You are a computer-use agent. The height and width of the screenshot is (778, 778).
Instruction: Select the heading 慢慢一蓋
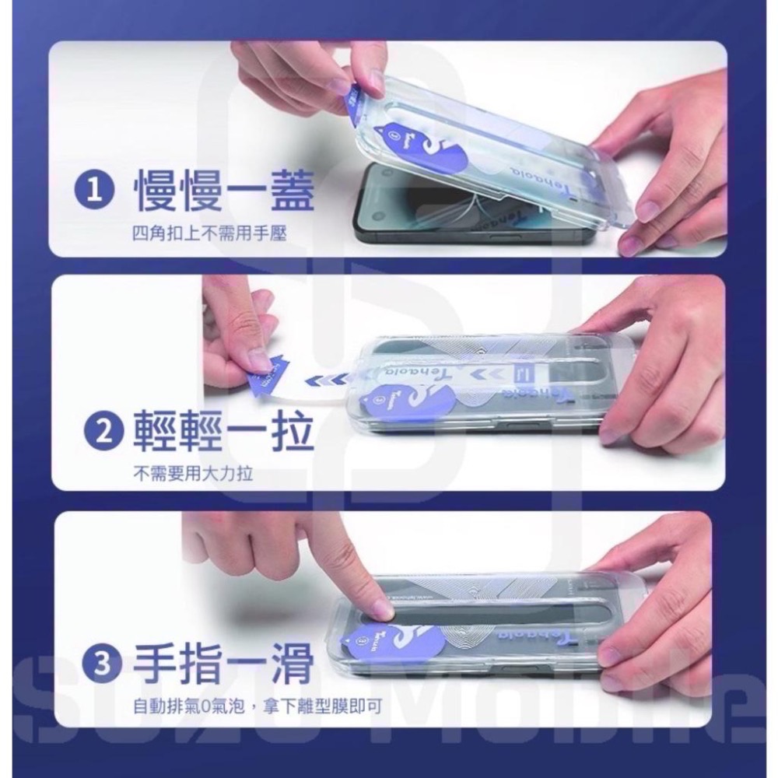coord(223,192)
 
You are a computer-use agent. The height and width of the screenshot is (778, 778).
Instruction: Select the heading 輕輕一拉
coord(223,432)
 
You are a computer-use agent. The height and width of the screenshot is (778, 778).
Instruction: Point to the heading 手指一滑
coord(223,665)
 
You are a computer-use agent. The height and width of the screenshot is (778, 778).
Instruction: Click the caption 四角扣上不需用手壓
coord(209,233)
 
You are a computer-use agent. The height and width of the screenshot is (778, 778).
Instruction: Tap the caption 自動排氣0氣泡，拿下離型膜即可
coord(257,706)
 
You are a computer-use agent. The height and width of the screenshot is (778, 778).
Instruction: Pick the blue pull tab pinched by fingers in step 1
coord(352,99)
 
